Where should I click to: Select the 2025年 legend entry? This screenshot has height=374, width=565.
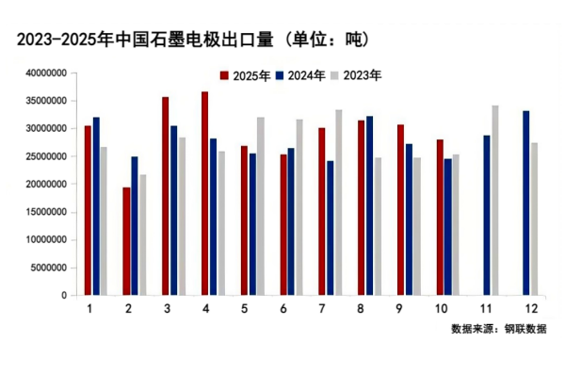[246, 74]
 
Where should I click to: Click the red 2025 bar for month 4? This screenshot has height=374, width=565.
[204, 193]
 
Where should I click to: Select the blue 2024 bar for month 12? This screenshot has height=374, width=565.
[525, 203]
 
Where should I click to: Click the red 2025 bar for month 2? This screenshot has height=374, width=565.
[126, 241]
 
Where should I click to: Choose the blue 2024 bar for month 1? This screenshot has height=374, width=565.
[96, 205]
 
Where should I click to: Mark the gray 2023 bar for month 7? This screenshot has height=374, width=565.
[338, 203]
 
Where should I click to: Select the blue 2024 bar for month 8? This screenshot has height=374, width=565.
[369, 205]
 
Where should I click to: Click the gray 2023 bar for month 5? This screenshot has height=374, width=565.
[260, 205]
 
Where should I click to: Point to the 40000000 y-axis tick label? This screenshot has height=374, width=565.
[45, 73]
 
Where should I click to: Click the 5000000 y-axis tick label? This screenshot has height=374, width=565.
[48, 268]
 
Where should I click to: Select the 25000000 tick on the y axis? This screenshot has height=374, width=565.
[45, 156]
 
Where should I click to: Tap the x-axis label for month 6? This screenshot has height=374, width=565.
[283, 309]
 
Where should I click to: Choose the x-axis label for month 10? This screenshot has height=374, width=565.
[442, 309]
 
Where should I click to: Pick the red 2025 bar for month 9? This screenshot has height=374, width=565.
[399, 209]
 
